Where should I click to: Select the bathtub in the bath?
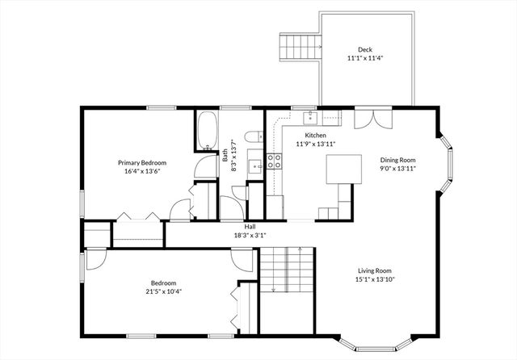point(208,132)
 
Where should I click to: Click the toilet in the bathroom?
point(252,136)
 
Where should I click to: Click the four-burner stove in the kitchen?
point(274,161)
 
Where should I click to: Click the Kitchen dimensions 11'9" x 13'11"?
point(315,144)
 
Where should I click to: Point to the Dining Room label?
point(397,160)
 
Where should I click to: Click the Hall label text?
point(240,227)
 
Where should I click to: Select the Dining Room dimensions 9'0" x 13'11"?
point(397,169)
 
